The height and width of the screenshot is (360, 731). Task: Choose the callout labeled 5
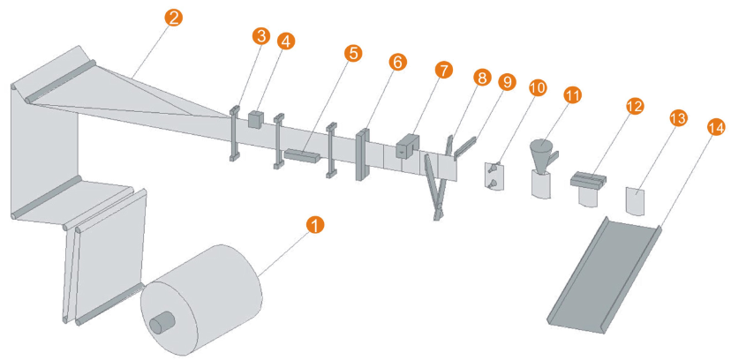tap(353, 53)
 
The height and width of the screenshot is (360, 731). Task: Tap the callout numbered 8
tap(481, 78)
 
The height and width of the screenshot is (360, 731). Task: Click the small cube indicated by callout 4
tap(257, 117)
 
